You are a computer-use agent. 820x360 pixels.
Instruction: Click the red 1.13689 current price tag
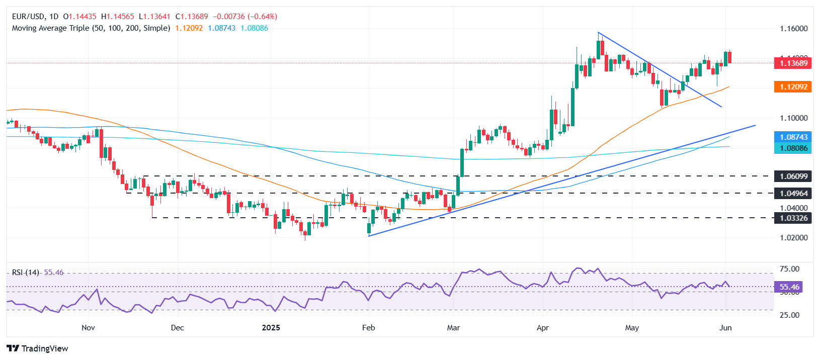(x=793, y=63)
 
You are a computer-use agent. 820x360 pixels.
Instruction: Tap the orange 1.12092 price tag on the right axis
(x=793, y=87)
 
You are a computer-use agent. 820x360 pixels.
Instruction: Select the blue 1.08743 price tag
(x=793, y=137)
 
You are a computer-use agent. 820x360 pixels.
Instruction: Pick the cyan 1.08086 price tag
(x=793, y=148)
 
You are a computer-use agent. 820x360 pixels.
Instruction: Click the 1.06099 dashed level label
(x=793, y=176)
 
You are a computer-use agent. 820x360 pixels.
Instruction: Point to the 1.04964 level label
(x=793, y=194)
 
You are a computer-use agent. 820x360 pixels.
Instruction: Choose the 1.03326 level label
(x=793, y=218)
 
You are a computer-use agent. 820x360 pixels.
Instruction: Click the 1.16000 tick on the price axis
(x=793, y=29)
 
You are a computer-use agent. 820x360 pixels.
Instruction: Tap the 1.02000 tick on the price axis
(x=793, y=238)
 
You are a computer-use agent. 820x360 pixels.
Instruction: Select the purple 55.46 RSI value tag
(x=789, y=287)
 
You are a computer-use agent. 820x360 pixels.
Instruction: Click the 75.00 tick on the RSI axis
(x=789, y=269)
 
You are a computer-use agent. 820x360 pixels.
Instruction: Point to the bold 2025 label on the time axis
(x=271, y=328)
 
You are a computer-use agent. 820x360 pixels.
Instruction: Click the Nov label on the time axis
(x=88, y=328)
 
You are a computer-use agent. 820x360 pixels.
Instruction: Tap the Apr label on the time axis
(x=543, y=328)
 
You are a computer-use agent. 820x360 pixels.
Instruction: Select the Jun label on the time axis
(x=725, y=328)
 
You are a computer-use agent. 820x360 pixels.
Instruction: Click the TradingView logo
(x=38, y=348)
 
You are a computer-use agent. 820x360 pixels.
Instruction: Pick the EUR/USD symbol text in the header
(x=28, y=17)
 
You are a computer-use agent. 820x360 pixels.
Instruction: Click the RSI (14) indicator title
(x=26, y=273)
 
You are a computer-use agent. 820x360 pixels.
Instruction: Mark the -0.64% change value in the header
(x=262, y=17)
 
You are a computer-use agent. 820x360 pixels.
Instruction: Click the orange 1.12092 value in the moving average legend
(x=189, y=28)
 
